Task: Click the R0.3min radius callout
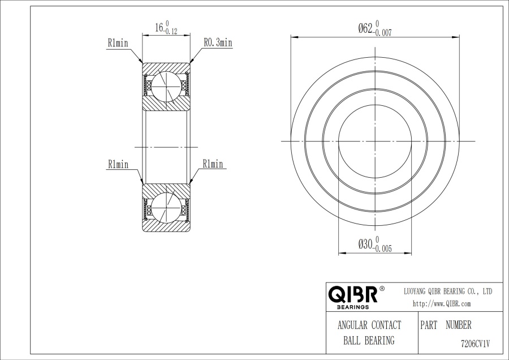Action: point(218,42)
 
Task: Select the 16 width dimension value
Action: point(159,28)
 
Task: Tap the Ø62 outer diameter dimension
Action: point(365,29)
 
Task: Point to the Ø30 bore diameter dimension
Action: point(365,244)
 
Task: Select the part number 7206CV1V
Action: point(475,344)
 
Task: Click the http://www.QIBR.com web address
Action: point(442,304)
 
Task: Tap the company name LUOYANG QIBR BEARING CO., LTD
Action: point(448,292)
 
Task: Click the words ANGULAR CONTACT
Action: point(369,325)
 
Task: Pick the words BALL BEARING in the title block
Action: point(369,341)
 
